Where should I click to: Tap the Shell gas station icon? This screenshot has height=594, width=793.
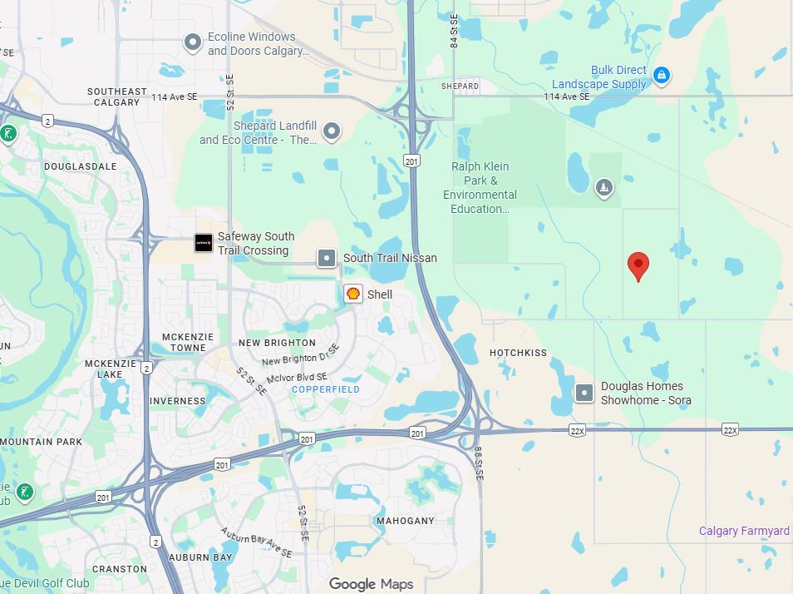coord(353,294)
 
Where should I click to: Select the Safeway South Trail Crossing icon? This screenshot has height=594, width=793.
coord(204,243)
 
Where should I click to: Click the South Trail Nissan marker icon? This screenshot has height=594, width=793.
coord(328,258)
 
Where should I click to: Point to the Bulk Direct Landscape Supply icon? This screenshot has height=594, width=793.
coord(662,76)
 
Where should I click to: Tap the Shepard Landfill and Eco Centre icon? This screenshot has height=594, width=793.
coord(332,131)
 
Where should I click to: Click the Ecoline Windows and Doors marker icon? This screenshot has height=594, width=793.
coord(193,42)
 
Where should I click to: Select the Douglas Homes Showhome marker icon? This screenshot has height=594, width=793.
coord(585,393)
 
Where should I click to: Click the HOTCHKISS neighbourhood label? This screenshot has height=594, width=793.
coord(518,353)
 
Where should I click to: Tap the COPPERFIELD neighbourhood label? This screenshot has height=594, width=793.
coord(326,389)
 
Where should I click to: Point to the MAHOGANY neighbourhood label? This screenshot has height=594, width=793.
coord(406,521)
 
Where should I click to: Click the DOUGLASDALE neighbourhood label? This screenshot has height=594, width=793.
coord(81,166)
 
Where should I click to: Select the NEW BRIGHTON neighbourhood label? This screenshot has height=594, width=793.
coord(277,343)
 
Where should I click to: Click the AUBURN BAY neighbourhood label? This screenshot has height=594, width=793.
coord(200,557)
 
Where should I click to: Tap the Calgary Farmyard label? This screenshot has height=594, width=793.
coord(744,531)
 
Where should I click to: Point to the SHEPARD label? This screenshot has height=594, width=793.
coord(460,86)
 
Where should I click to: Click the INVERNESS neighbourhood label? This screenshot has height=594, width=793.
coord(178,401)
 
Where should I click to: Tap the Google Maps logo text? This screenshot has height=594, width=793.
coord(371,584)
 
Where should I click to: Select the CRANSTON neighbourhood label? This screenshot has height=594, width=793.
coord(120,569)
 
